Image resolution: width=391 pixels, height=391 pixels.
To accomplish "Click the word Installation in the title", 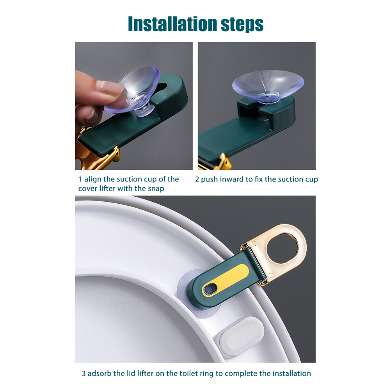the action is (x=172, y=24).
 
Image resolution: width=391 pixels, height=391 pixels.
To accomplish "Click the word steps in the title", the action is (x=242, y=25).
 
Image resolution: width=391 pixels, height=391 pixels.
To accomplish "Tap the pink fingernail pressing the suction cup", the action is (x=110, y=87).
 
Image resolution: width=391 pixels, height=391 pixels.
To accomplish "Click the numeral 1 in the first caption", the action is (x=80, y=179).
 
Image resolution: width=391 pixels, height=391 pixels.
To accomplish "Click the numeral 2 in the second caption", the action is (x=197, y=179).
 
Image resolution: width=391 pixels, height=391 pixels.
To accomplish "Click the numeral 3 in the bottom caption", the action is (x=84, y=373).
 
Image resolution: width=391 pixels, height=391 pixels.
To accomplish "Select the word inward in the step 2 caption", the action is (x=232, y=179).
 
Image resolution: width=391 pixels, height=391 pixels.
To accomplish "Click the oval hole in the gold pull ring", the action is (x=283, y=248).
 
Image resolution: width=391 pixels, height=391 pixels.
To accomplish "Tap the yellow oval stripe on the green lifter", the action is (x=225, y=280).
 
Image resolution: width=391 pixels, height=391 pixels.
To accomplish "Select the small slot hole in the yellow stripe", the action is (x=210, y=289).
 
